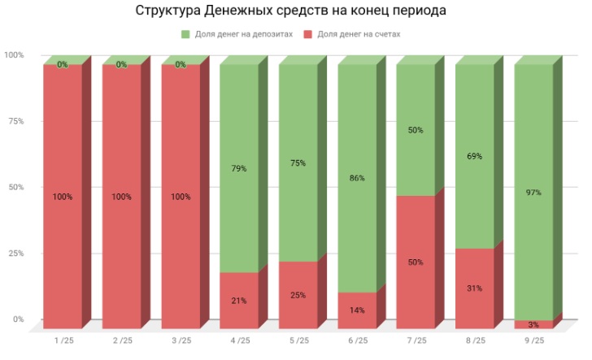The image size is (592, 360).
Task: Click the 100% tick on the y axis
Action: [x=14, y=55]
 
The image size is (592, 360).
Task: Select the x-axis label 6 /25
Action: [x=357, y=340]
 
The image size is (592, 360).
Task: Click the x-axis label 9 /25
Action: [x=533, y=340]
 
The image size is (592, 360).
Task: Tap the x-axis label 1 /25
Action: [x=63, y=340]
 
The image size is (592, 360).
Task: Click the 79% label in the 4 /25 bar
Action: [x=239, y=169]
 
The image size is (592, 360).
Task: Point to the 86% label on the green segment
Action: [x=357, y=178]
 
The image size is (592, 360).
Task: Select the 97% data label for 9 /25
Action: [x=533, y=193]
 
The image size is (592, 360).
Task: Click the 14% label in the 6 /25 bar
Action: [x=357, y=310]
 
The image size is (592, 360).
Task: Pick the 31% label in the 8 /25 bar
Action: [x=474, y=288]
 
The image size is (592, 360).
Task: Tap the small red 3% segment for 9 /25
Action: [x=533, y=324]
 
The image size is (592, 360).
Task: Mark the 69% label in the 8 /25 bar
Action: [x=474, y=154]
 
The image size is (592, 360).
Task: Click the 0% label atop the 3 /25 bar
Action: [x=181, y=65]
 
